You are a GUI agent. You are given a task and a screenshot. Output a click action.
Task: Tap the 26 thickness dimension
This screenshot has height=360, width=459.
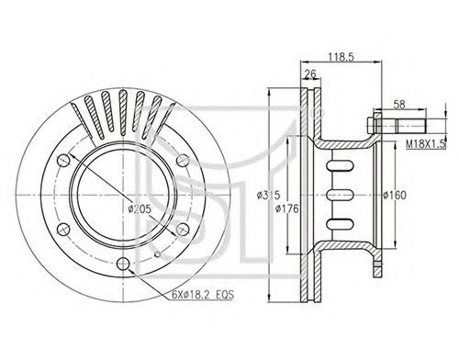[310, 74]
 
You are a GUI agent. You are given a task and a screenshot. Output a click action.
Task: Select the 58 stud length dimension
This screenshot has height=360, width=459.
[399, 105]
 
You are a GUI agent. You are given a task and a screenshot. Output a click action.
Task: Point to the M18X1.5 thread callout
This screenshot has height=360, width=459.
[426, 144]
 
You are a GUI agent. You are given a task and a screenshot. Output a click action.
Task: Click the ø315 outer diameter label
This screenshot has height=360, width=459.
[268, 195]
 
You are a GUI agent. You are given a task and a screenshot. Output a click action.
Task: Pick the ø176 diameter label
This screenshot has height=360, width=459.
[286, 208]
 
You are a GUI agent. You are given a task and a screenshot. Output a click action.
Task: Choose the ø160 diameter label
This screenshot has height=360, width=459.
[395, 195]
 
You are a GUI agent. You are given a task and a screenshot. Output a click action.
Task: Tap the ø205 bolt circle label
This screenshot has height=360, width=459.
[140, 209]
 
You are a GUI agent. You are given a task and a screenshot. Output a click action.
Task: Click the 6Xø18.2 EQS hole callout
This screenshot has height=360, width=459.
[203, 295]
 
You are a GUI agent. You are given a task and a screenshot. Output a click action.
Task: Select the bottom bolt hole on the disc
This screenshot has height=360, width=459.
[123, 264]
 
